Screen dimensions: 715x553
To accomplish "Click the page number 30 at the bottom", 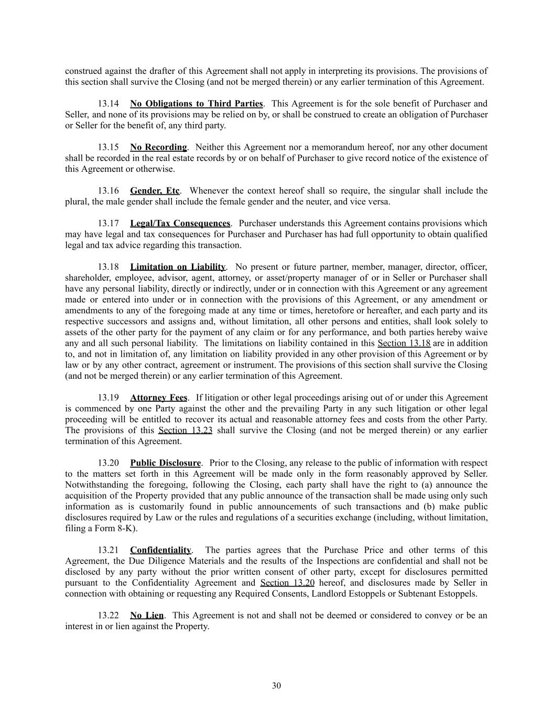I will point(276,686).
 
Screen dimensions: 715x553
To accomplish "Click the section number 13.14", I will point(109,104).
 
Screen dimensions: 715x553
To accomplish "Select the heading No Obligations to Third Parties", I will point(196,104).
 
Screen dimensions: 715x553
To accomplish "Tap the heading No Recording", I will point(158,147).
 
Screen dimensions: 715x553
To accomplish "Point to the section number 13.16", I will point(109,191).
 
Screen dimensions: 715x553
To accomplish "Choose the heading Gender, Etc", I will point(155,191).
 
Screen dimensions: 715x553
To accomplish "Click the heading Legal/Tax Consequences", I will point(180,224).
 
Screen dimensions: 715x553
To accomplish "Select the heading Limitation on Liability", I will point(178,267).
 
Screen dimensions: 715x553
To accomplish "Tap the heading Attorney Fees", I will point(158,398).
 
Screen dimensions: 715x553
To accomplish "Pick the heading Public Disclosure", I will point(165,463).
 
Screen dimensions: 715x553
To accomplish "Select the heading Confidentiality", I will point(160,550).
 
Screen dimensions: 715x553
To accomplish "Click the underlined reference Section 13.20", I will point(287,583).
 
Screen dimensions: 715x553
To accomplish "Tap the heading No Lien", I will point(147,615).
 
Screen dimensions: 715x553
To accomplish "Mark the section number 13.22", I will point(109,615).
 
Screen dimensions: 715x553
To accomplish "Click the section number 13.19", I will point(109,398).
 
